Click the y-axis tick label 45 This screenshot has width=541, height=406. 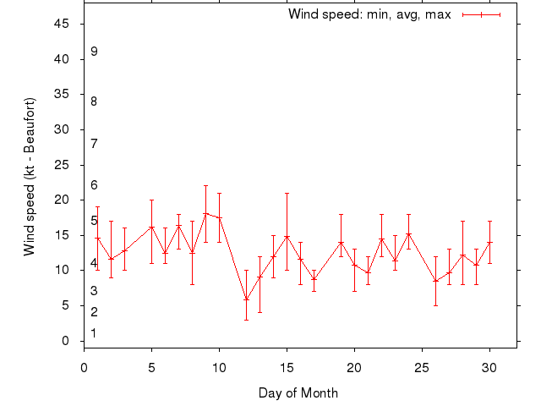[x=62, y=24]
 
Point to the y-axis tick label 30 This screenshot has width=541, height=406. [x=62, y=129]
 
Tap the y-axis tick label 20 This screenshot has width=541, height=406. [x=62, y=200]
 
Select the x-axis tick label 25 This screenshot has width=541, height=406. [x=422, y=368]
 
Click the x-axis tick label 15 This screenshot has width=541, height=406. [x=287, y=368]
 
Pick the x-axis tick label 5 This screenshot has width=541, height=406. [x=151, y=368]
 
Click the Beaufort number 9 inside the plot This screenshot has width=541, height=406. [x=94, y=52]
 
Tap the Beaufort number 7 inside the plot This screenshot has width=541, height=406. [x=94, y=144]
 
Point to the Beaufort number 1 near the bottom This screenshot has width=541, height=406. [x=94, y=333]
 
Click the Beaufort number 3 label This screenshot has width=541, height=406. [x=94, y=291]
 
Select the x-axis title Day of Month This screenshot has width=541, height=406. [x=298, y=392]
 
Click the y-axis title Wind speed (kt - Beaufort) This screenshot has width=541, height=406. [x=30, y=176]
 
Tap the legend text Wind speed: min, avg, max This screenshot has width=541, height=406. [x=369, y=14]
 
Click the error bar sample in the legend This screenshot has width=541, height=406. [x=482, y=14]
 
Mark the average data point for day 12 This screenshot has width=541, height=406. [x=246, y=299]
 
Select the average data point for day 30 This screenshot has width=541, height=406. [x=489, y=243]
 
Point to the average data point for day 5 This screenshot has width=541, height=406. [x=151, y=228]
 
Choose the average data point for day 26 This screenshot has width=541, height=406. [x=435, y=281]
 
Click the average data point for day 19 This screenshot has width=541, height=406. [x=341, y=243]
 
